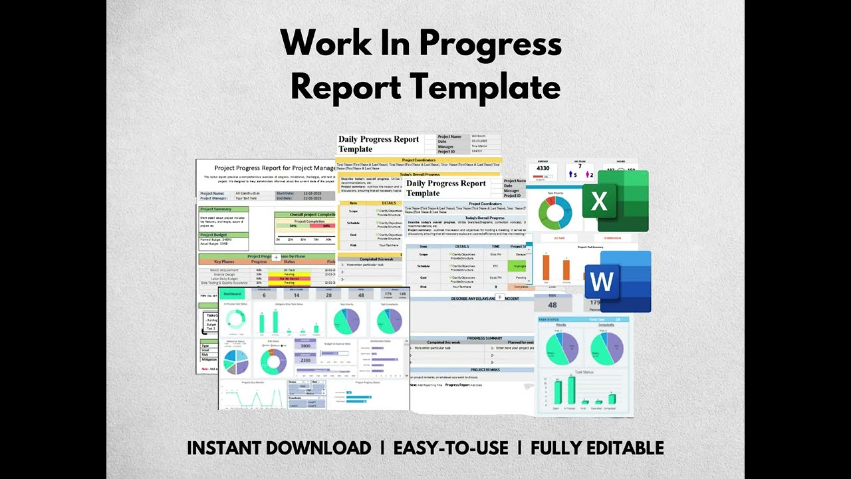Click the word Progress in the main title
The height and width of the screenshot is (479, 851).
point(491,45)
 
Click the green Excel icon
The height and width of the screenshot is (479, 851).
point(615,201)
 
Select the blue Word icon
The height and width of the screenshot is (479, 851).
point(618,281)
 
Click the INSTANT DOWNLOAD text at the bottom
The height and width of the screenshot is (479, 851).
point(279,448)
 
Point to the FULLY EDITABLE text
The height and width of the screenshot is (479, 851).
point(597,448)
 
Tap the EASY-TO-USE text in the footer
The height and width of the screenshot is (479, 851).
point(451,448)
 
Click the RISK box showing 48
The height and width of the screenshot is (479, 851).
point(552,301)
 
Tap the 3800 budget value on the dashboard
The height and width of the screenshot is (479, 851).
point(305,346)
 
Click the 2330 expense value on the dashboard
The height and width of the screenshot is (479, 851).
point(305,360)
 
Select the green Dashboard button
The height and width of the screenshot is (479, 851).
point(232,293)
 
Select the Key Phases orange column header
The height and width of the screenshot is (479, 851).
point(223,262)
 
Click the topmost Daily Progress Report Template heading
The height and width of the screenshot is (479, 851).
point(379,144)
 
